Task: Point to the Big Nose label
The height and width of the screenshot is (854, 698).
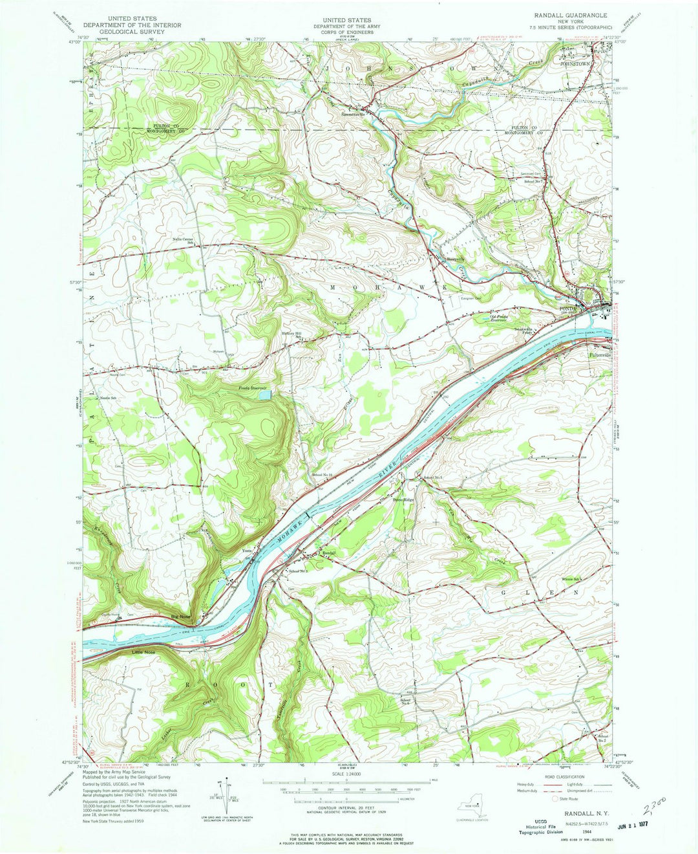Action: pyautogui.click(x=180, y=617)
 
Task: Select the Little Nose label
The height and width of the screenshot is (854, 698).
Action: pyautogui.click(x=145, y=651)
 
